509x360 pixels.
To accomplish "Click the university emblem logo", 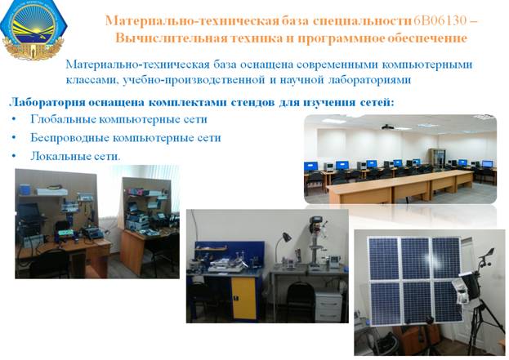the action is tap(33, 30).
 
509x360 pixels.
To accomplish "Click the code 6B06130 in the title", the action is tap(440, 20).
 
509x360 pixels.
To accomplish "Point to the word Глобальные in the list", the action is tap(62, 119).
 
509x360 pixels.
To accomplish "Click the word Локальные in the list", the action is tap(60, 156).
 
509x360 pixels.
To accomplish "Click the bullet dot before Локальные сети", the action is tap(14, 156).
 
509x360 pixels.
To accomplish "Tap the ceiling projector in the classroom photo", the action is tap(387, 127).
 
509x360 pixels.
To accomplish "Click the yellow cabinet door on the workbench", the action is tap(243, 298).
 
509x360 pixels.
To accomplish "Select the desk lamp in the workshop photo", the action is tap(283, 245).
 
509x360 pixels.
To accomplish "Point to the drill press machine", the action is tap(316, 242).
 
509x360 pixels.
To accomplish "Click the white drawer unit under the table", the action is tap(328, 306).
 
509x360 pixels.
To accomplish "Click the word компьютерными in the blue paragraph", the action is tap(426, 64).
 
